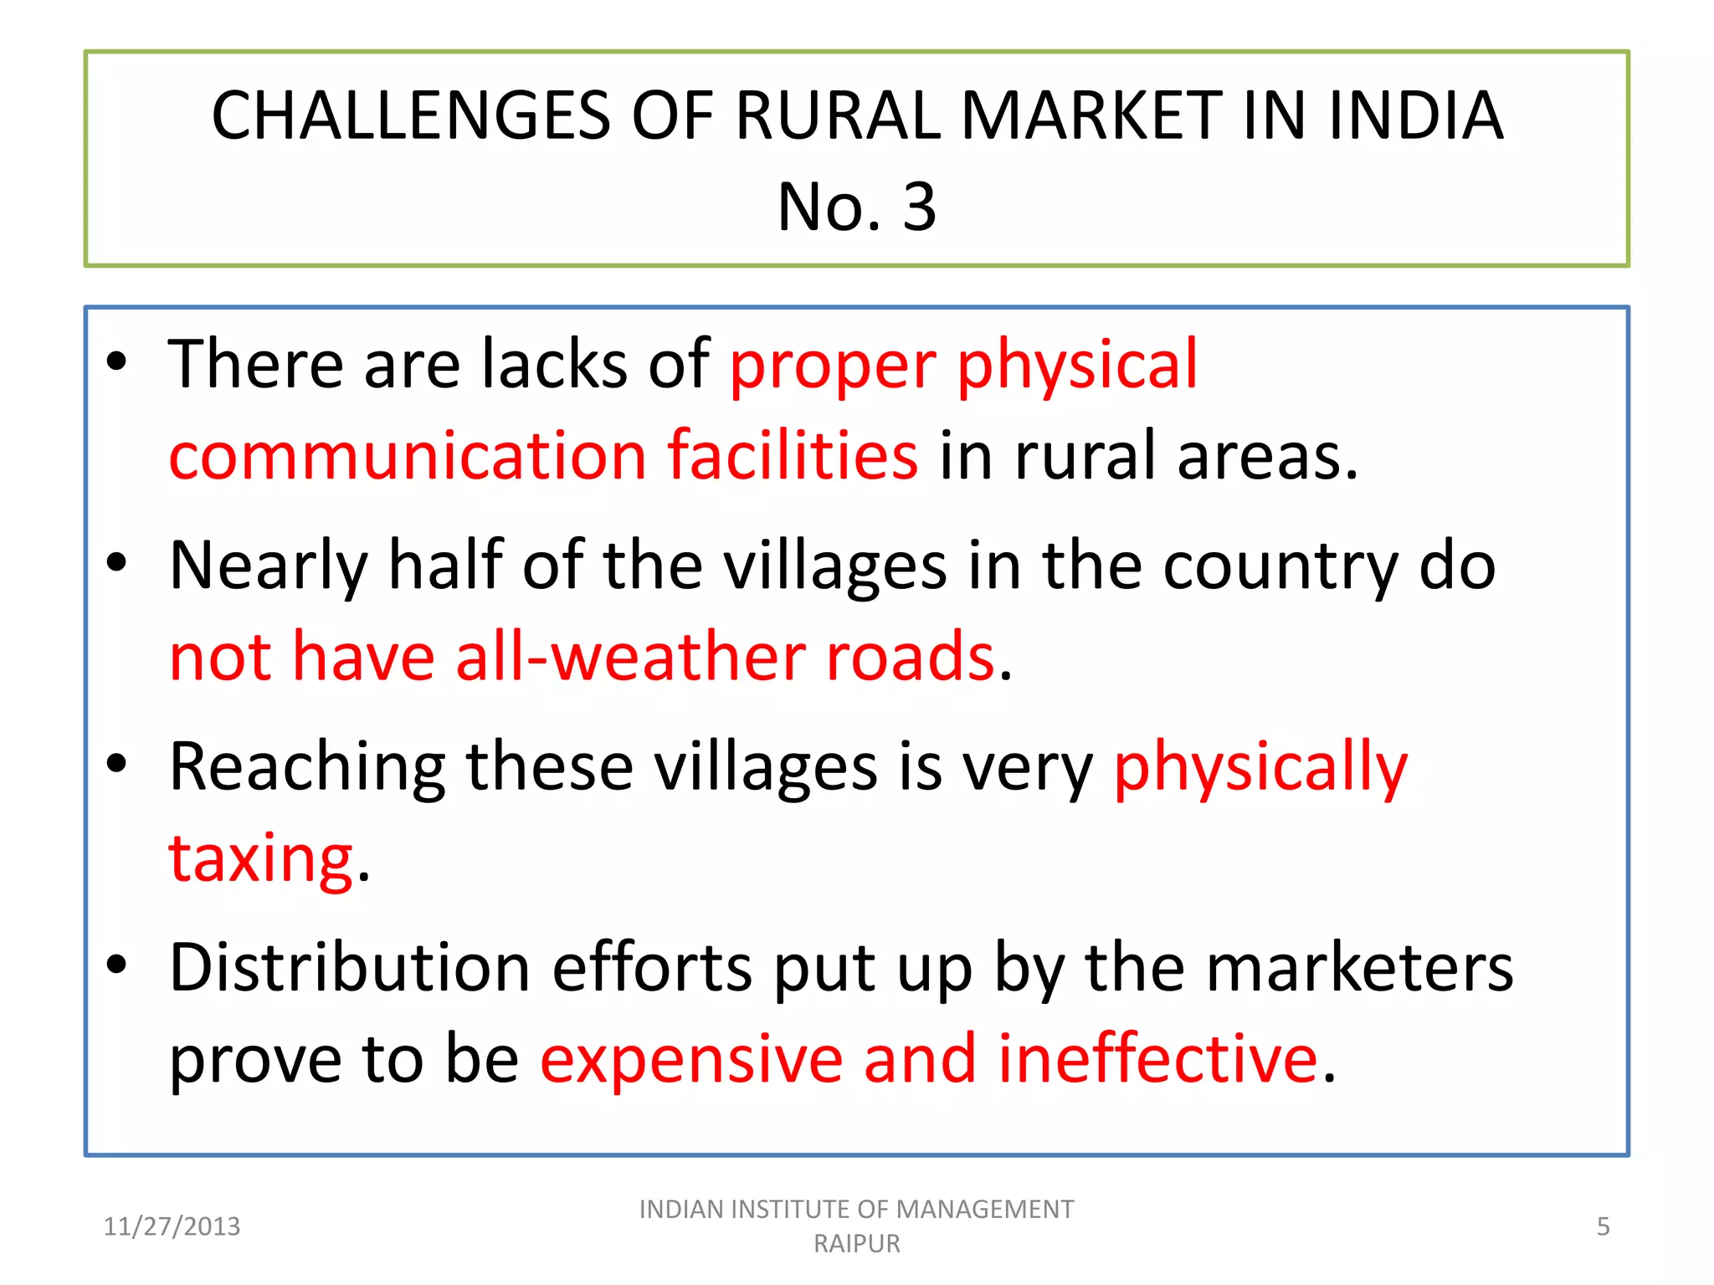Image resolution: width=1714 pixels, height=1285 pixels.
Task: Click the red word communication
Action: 408,456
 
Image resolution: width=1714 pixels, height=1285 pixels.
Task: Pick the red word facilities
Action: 793,456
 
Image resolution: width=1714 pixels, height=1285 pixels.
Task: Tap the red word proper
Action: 833,365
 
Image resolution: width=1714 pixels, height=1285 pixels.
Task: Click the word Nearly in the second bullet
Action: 269,566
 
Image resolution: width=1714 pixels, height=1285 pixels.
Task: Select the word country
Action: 1280,566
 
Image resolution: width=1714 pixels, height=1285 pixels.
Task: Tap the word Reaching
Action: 307,767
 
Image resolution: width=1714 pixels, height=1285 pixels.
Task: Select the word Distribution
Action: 350,968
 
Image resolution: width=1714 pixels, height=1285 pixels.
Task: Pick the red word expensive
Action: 691,1059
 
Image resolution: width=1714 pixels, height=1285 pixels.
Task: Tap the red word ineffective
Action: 1158,1059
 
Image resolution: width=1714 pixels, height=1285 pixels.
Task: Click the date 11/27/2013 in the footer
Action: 172,1226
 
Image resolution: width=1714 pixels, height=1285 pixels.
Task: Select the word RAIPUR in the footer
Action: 856,1244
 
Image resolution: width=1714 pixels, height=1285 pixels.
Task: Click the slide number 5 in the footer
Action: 1603,1226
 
